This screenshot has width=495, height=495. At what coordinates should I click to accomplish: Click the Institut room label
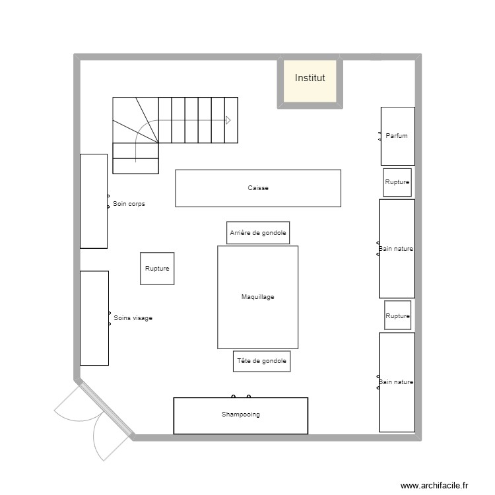(x=310, y=78)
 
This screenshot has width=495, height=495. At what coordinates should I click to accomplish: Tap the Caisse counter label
(x=258, y=188)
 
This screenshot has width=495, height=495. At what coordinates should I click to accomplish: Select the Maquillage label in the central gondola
(x=257, y=297)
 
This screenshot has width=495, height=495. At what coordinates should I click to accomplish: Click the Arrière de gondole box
(x=258, y=233)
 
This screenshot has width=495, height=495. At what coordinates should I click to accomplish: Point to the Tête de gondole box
(x=262, y=361)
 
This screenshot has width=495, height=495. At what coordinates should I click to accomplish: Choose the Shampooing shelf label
(x=240, y=414)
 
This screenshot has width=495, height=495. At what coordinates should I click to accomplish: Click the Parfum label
(x=397, y=136)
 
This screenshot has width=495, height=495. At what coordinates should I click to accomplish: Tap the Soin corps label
(x=129, y=204)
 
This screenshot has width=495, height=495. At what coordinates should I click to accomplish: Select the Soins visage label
(x=133, y=318)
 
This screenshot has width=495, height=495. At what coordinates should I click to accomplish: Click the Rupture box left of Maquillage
(x=157, y=269)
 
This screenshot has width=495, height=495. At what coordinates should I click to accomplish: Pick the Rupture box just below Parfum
(x=397, y=182)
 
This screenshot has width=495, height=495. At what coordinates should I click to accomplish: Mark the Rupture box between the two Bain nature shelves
(x=398, y=315)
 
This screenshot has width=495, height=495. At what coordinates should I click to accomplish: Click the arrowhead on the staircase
(x=228, y=120)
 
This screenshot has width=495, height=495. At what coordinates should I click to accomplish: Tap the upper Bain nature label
(x=396, y=249)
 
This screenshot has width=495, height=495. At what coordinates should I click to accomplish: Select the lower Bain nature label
(x=396, y=382)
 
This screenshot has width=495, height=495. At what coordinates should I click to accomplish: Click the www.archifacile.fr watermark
(x=434, y=485)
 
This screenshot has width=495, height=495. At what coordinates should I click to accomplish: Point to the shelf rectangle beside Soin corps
(x=94, y=201)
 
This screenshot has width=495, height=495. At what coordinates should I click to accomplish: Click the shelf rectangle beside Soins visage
(x=94, y=318)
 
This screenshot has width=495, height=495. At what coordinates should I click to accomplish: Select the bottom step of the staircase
(x=136, y=166)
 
